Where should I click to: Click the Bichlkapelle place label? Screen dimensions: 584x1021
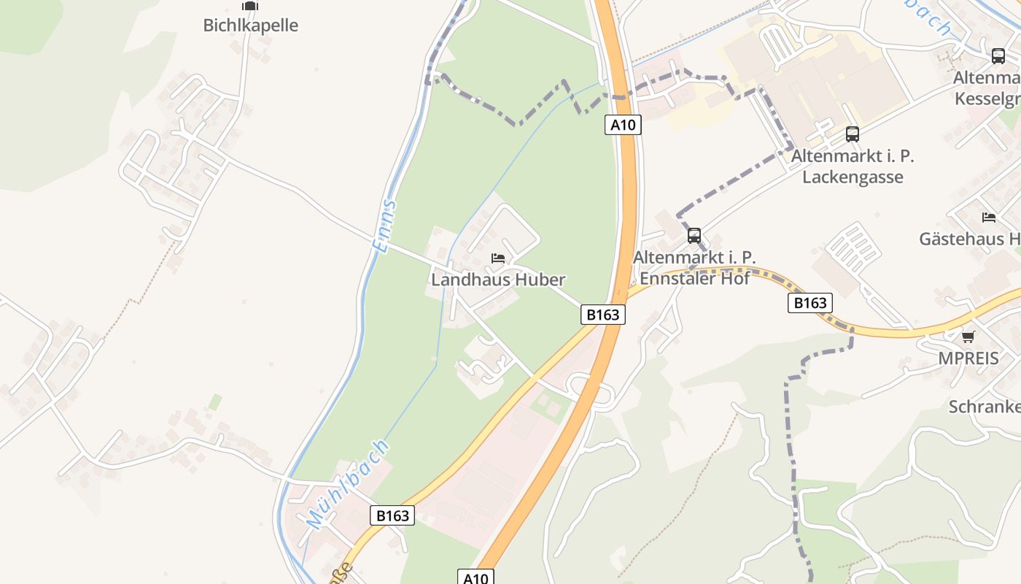coord(250,25)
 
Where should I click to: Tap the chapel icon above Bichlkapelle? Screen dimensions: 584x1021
coord(250,6)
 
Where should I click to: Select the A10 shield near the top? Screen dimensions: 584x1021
coord(623,125)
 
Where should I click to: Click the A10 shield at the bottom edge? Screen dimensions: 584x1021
coord(475,577)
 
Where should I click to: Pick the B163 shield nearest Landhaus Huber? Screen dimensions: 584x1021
coord(603,315)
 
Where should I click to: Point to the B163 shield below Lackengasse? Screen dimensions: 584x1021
coord(810,303)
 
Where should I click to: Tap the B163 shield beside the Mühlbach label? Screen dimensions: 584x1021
coord(392,515)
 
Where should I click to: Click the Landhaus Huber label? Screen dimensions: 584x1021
coord(498,280)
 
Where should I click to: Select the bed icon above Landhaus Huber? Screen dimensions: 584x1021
coord(498,258)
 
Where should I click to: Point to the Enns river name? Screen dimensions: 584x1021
coord(385,226)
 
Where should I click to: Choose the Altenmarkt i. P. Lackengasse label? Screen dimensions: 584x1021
coord(853,166)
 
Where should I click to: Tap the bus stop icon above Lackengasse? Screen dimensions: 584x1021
coord(852,134)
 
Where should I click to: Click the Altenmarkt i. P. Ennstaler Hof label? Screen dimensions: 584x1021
coord(694,268)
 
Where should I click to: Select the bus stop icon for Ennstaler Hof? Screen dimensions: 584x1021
coord(694,236)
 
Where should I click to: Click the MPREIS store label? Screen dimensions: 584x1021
coord(968,358)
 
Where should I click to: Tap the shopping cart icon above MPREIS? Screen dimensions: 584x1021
coord(968,337)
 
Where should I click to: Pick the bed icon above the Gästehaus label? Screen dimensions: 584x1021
coord(989,218)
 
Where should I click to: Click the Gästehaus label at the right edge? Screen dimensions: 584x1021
coord(969,239)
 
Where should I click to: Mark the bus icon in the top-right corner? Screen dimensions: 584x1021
coord(998,56)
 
